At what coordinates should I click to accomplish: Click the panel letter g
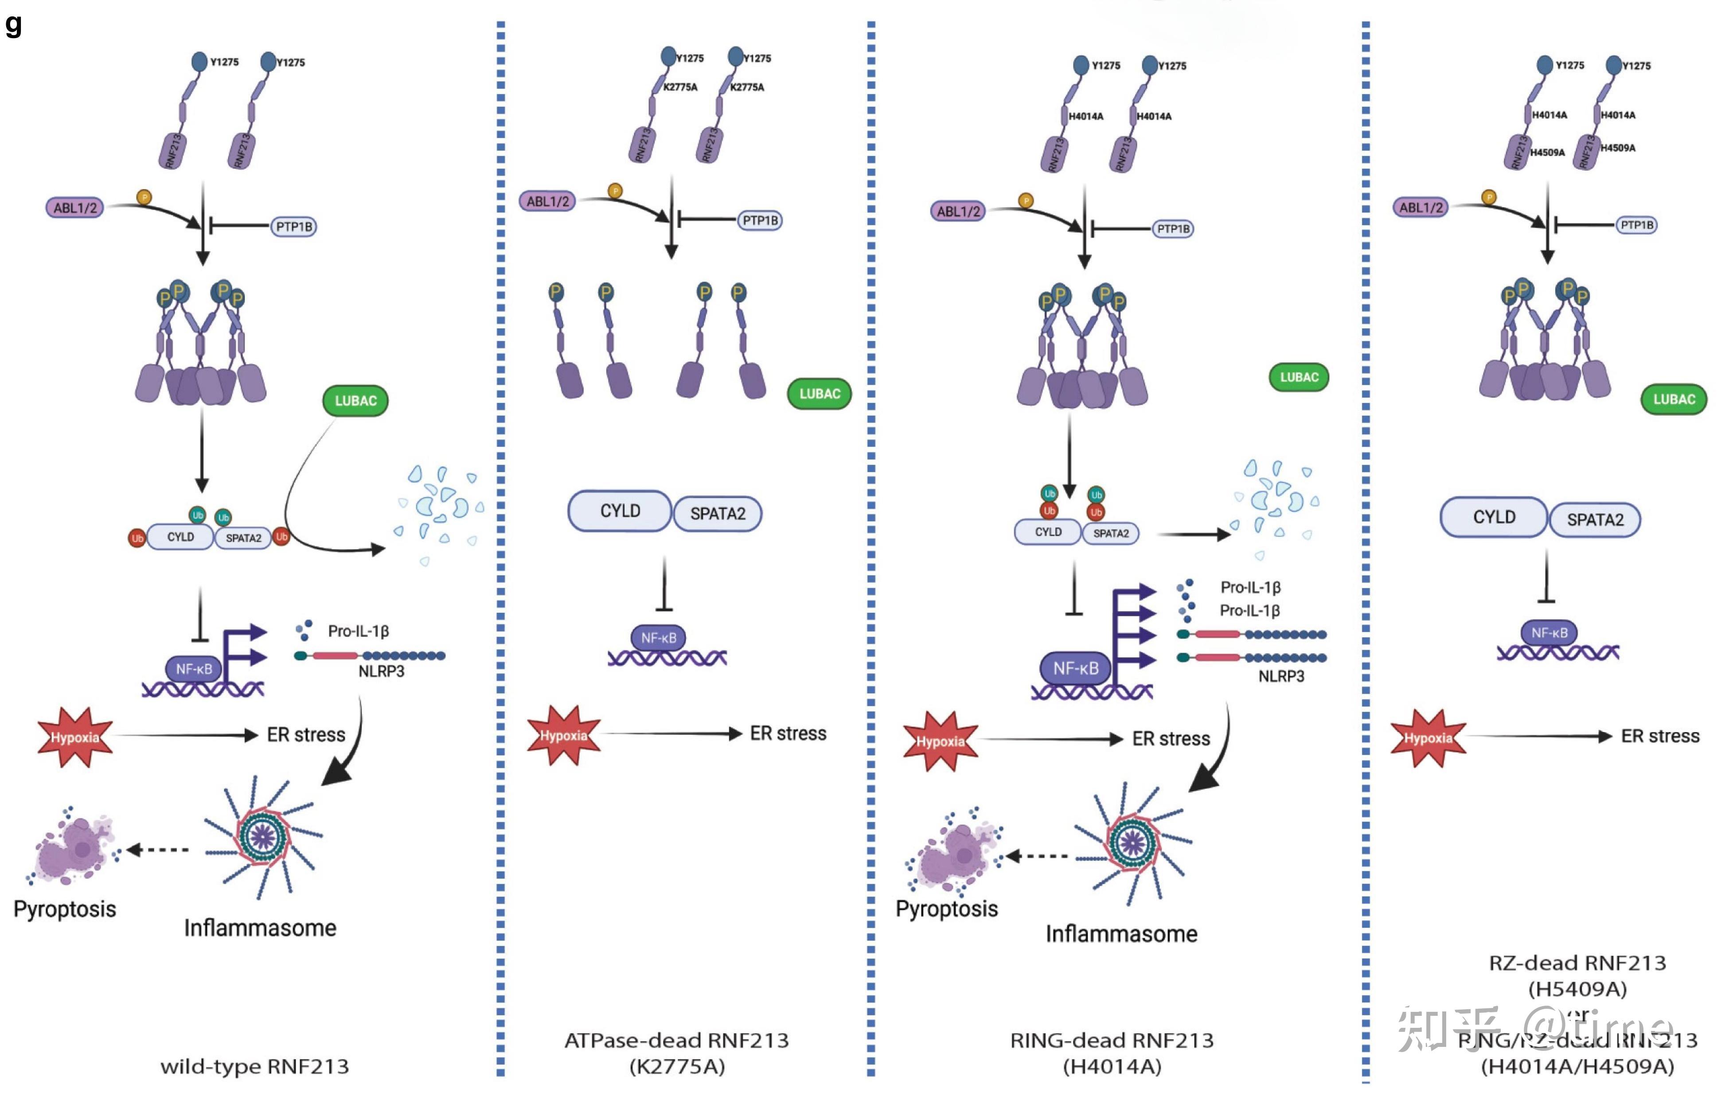[x=13, y=24]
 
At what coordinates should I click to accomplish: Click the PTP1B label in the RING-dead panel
[x=1173, y=229]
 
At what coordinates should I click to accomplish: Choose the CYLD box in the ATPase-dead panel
[x=620, y=511]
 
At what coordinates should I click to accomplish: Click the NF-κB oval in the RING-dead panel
[x=1075, y=668]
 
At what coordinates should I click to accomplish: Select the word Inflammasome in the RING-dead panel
[x=1121, y=934]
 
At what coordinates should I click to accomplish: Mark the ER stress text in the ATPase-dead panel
[x=788, y=733]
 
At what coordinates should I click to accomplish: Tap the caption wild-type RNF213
[x=254, y=1066]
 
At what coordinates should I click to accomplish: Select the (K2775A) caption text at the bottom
[x=677, y=1067]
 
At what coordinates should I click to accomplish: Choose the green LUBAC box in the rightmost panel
[x=1674, y=400]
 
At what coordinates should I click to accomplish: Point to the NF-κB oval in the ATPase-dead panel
[x=658, y=638]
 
